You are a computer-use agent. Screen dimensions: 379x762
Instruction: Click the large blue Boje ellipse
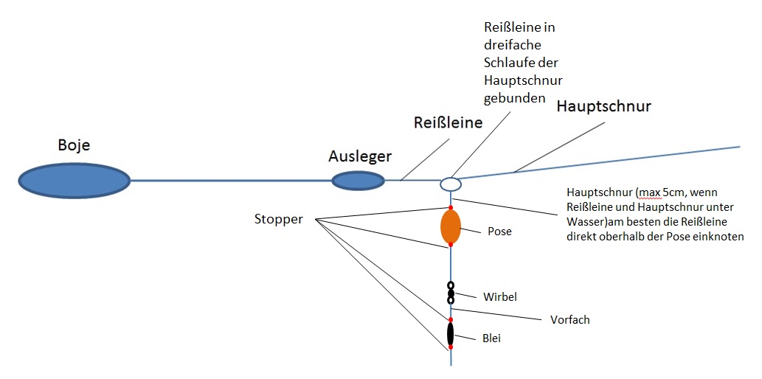pos(74,180)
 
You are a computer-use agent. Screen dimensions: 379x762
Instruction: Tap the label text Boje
pos(74,145)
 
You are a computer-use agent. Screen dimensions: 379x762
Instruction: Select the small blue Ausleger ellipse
pos(358,181)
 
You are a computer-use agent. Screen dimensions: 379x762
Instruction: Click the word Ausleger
pos(361,156)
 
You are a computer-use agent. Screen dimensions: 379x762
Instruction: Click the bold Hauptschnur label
pos(603,106)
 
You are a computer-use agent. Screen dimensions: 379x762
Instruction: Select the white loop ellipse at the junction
pos(451,184)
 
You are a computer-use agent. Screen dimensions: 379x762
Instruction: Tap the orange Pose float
pos(451,226)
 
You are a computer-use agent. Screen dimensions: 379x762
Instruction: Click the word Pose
pos(499,232)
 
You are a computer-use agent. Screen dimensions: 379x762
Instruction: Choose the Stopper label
pos(278,219)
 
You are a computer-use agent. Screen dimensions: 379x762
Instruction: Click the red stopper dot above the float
pos(451,207)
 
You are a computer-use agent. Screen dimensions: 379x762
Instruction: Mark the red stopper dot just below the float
pos(451,245)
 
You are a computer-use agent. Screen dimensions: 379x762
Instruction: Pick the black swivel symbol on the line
pos(451,293)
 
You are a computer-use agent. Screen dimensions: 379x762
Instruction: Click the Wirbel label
pos(500,297)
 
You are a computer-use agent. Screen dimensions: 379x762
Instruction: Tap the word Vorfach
pos(570,320)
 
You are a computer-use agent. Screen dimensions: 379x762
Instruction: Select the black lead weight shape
pos(451,333)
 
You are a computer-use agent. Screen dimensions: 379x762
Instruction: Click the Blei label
pos(493,338)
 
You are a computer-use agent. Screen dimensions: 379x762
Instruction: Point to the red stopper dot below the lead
pos(451,347)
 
